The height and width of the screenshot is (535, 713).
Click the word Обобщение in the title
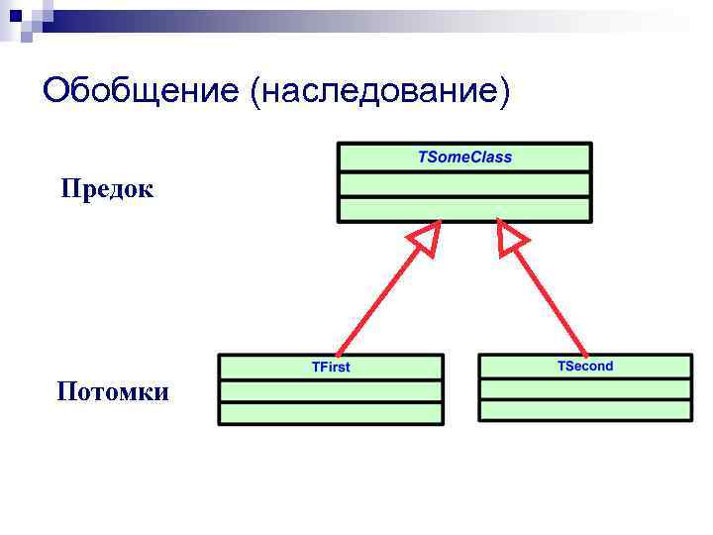(142, 92)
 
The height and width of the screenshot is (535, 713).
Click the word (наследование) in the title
(382, 92)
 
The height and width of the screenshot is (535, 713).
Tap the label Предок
(107, 188)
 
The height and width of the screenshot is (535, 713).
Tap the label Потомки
(113, 391)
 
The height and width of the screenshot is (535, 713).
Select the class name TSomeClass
(464, 158)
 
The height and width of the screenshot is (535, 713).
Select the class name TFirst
(331, 367)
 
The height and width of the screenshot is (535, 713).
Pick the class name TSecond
(585, 366)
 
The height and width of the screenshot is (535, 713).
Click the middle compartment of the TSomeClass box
(464, 184)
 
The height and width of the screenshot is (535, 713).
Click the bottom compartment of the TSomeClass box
(464, 209)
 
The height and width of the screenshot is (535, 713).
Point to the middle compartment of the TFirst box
(331, 390)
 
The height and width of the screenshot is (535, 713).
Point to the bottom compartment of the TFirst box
(331, 414)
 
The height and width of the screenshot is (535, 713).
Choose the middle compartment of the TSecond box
(585, 388)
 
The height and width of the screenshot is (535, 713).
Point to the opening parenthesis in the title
(256, 92)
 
